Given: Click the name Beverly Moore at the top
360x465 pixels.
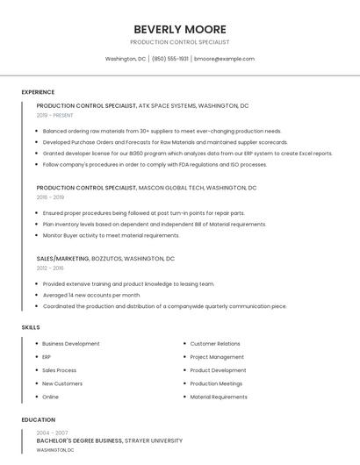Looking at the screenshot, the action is click(x=179, y=29).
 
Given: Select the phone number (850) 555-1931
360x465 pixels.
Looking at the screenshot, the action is click(x=170, y=59).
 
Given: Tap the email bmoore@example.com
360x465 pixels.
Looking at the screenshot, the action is click(x=224, y=59).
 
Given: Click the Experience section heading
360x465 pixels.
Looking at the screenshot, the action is click(x=38, y=92).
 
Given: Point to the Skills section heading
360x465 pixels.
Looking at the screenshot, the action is click(x=31, y=327).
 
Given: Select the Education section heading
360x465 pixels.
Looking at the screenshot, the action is click(x=39, y=420).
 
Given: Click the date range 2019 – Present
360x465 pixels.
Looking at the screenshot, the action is click(x=55, y=115).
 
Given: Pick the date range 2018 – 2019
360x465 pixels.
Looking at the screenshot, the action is click(x=50, y=197).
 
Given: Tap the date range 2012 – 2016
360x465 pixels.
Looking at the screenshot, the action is click(x=50, y=268).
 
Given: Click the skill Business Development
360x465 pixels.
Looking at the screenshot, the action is click(x=70, y=344).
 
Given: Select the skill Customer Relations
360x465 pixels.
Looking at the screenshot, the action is click(x=215, y=344).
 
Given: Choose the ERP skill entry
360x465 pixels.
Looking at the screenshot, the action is click(x=47, y=357).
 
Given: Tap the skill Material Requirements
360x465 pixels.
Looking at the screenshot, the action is click(x=219, y=397).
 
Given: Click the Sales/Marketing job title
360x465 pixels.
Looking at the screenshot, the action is click(x=62, y=259).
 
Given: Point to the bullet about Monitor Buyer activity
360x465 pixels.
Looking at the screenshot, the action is click(x=111, y=235).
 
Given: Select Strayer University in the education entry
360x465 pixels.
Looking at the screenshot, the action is click(x=154, y=440).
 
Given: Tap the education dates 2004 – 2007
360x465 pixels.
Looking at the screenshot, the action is click(x=52, y=433).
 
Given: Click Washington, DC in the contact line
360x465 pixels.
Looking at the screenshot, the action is click(x=125, y=59).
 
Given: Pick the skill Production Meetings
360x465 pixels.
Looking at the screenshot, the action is click(x=216, y=383).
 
